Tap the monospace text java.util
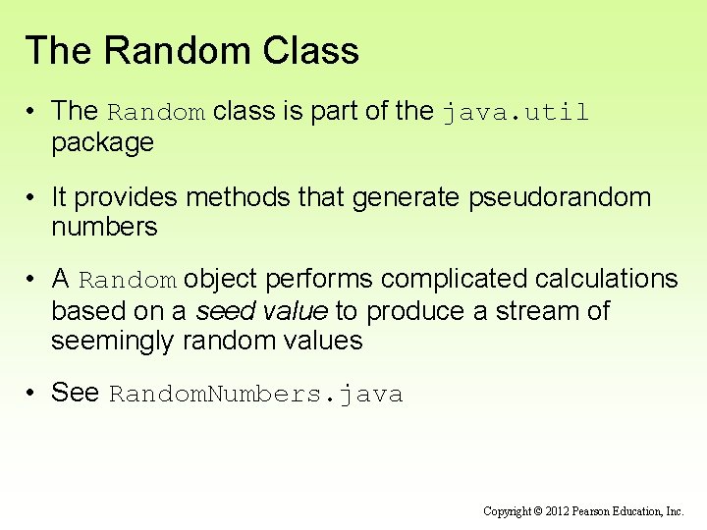pyautogui.click(x=515, y=113)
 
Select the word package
pyautogui.click(x=102, y=143)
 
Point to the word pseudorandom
pyautogui.click(x=560, y=197)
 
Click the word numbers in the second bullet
pyautogui.click(x=104, y=228)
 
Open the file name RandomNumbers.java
pyautogui.click(x=255, y=395)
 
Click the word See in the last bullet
pyautogui.click(x=76, y=393)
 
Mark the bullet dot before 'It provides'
pyautogui.click(x=32, y=197)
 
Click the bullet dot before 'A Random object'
pyautogui.click(x=32, y=280)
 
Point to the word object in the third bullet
pyautogui.click(x=221, y=280)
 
